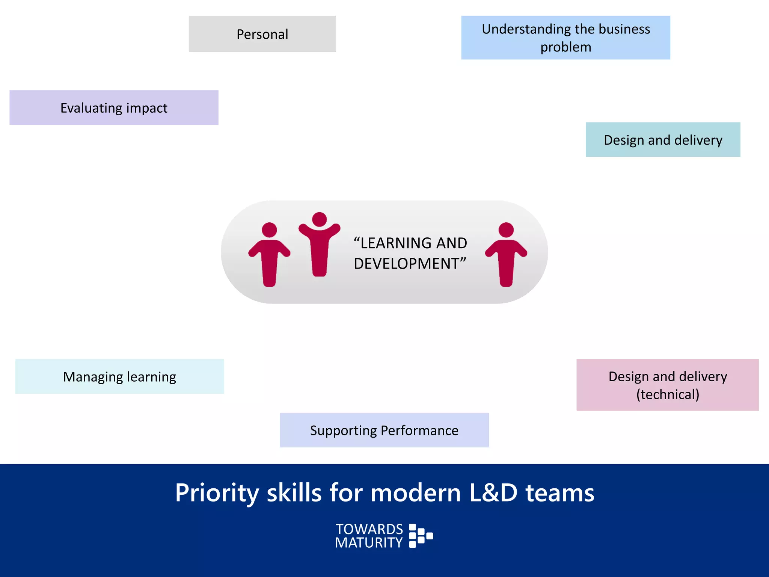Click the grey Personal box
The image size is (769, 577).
[x=262, y=34]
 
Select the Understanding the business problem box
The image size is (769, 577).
[x=565, y=38]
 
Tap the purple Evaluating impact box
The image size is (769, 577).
[x=114, y=107]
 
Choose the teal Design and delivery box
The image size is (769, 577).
[x=663, y=140]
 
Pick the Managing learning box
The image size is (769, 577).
[x=119, y=376]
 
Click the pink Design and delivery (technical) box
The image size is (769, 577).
[x=667, y=385]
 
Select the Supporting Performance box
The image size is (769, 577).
[x=384, y=430]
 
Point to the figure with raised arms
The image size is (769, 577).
[x=319, y=244]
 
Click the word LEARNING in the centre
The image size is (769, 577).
[x=396, y=243]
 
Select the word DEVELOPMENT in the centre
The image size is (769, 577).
[x=407, y=264]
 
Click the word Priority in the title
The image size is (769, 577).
[x=217, y=493]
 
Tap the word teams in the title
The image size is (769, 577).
[x=560, y=493]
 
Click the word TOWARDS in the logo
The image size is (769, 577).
[x=369, y=529]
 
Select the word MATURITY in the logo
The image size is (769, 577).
[x=369, y=543]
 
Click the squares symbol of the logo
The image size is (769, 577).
[x=421, y=536]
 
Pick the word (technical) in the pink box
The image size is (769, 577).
[x=668, y=394]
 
